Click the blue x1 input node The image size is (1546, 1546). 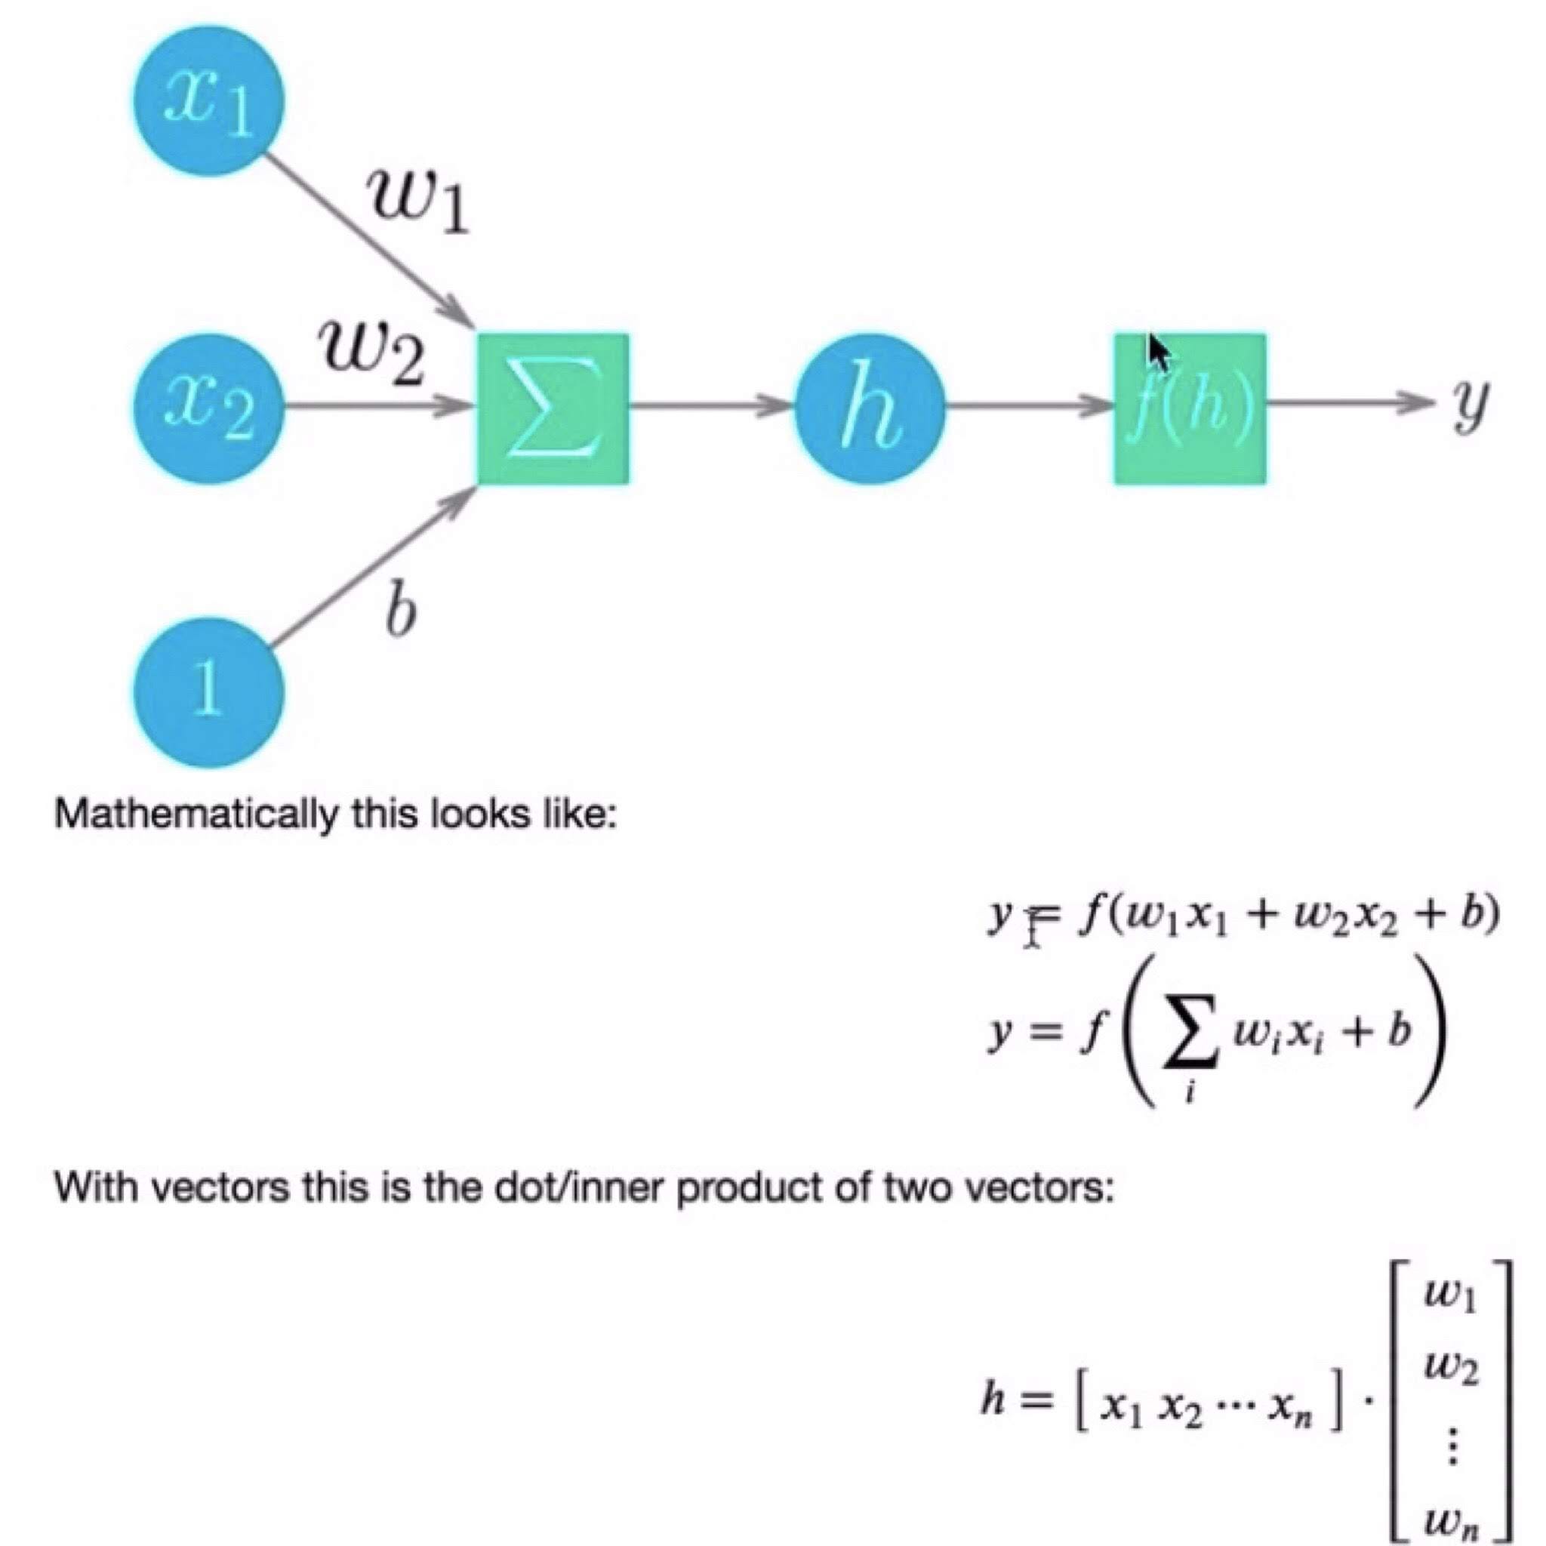[208, 100]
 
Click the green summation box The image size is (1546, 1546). [553, 409]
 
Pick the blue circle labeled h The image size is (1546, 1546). [870, 409]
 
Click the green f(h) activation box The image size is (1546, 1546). [1190, 409]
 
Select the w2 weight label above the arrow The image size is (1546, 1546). [371, 353]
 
